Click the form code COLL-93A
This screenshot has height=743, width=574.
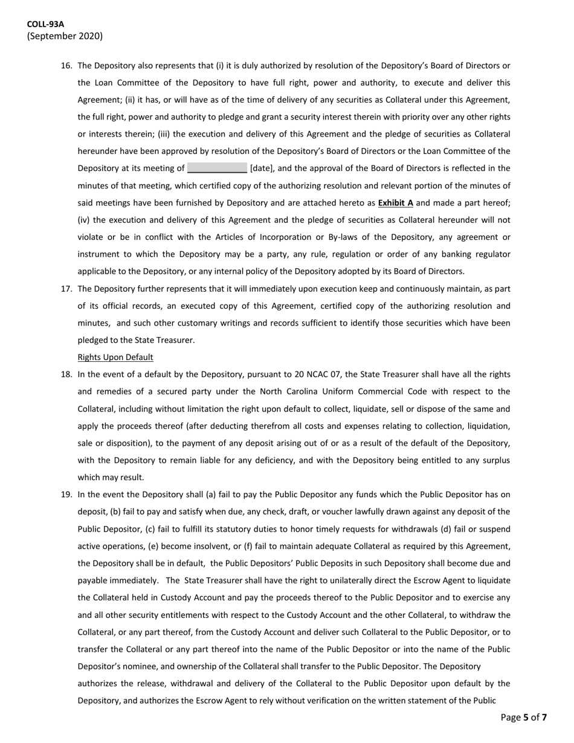45,24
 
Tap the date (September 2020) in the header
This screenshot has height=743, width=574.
65,36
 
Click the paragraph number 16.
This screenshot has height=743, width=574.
66,65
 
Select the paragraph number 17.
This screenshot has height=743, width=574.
66,289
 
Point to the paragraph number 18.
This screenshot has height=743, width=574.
66,375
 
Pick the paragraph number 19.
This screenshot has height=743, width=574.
66,495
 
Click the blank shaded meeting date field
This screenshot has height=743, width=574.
217,169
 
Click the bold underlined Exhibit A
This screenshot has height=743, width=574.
395,203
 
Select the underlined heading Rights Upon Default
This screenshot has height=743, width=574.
115,357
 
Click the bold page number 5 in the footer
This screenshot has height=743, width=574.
526,718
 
